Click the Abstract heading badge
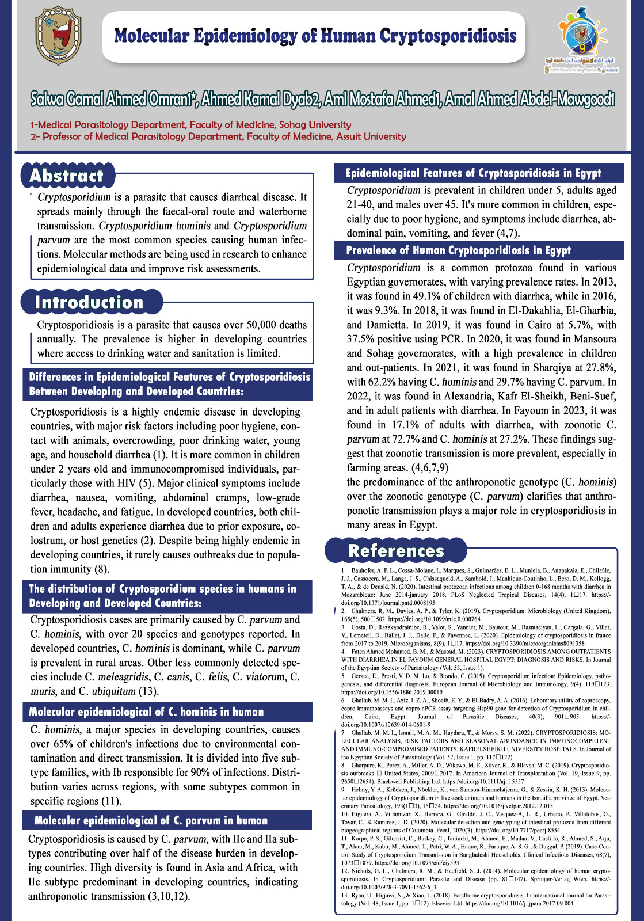pos(67,176)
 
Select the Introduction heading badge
pos(89,302)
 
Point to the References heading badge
pos(396,550)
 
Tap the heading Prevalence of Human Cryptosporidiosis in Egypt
pos(459,250)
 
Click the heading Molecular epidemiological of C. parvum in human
pos(151,820)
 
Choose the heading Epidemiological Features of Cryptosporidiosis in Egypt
pos(474,173)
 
